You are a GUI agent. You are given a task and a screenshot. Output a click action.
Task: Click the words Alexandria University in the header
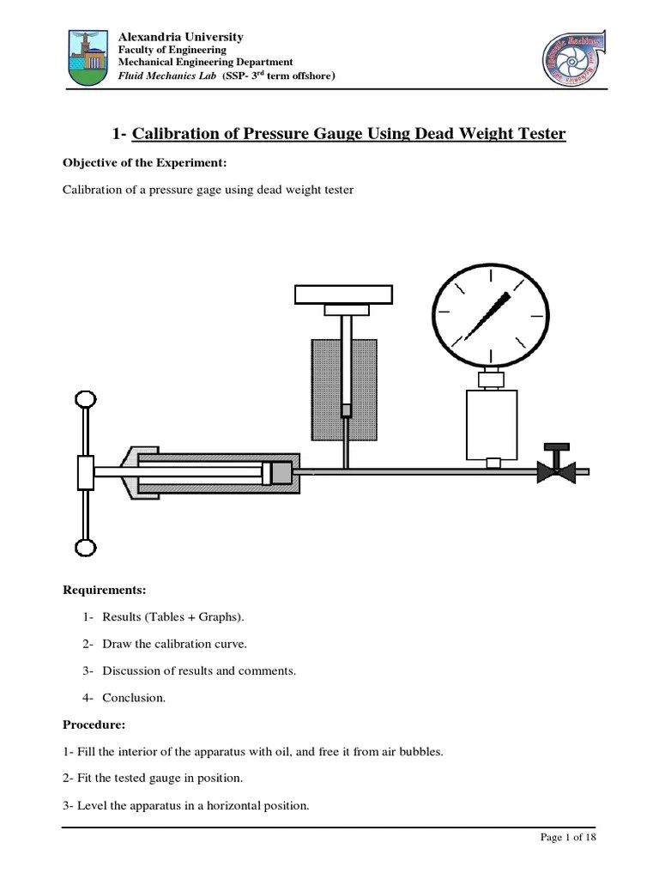(x=180, y=37)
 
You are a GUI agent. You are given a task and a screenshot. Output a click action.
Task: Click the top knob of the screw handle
(x=86, y=399)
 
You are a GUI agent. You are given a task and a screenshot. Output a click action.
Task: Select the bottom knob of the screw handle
(x=86, y=548)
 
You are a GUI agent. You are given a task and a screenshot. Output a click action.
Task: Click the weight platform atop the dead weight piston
(x=343, y=294)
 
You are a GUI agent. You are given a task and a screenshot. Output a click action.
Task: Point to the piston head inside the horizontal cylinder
(x=278, y=472)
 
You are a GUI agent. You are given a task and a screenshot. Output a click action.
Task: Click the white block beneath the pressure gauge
(x=493, y=425)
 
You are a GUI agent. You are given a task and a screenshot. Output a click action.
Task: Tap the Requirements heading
(x=105, y=590)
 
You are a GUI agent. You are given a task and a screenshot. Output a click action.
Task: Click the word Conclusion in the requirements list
(x=134, y=698)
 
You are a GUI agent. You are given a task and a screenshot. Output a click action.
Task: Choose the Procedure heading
(x=94, y=724)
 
